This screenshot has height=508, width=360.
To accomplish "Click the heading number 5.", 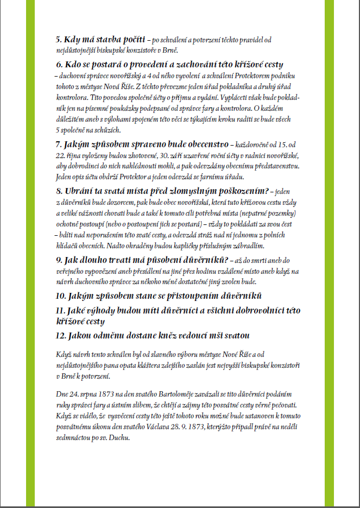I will point(59,39).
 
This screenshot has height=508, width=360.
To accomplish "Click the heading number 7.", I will point(59,145).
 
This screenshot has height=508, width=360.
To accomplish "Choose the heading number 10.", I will point(60,297).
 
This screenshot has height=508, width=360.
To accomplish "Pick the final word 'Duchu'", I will point(120,437).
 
